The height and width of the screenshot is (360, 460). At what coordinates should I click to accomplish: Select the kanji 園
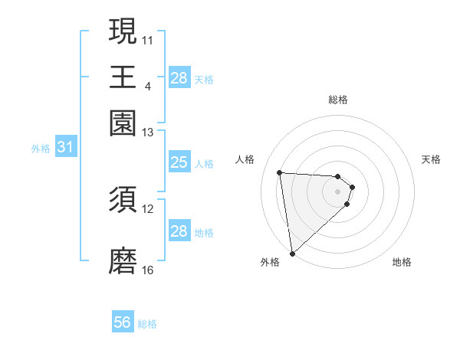(x=123, y=123)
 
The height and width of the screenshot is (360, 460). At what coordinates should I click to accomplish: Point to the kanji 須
(x=123, y=201)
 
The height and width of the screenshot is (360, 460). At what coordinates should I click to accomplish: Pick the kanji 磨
(x=123, y=261)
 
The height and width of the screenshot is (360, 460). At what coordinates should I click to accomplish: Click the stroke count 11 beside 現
(x=148, y=39)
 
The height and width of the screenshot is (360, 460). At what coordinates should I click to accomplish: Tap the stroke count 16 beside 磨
(x=148, y=270)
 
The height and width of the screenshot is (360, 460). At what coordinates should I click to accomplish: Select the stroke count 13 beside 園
(x=148, y=133)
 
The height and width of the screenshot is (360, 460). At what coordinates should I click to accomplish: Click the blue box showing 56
(x=123, y=322)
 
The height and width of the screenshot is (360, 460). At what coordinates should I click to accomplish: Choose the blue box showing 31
(x=65, y=147)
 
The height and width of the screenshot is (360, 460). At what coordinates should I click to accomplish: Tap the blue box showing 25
(x=179, y=162)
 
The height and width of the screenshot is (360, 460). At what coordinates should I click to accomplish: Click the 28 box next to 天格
(x=179, y=77)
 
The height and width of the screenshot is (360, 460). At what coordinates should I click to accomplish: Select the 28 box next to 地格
(x=179, y=231)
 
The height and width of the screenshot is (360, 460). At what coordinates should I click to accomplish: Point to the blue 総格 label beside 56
(x=147, y=324)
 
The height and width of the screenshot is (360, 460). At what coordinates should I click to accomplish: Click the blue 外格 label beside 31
(x=40, y=149)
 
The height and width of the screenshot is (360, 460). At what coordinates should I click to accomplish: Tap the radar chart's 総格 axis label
(x=337, y=100)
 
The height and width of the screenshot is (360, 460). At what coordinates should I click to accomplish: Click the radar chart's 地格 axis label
(x=402, y=262)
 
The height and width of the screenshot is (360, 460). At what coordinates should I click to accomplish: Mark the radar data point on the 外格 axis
(x=292, y=254)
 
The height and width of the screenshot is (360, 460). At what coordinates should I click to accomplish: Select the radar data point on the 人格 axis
(x=280, y=172)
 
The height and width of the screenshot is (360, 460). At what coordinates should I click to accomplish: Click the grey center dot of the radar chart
(x=337, y=191)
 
